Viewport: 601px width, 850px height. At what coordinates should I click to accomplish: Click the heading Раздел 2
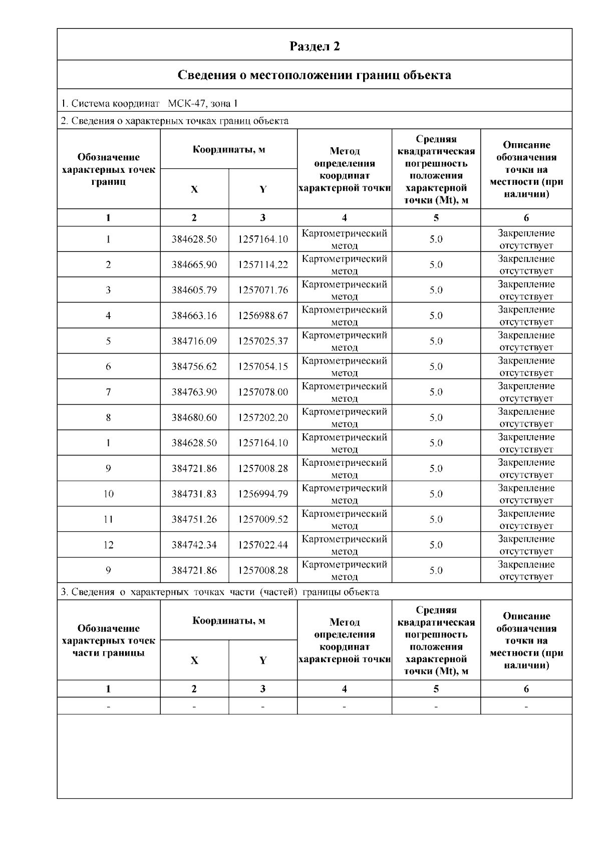point(315,46)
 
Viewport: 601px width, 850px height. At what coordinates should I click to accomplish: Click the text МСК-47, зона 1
point(202,104)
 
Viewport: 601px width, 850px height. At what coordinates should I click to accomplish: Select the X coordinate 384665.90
point(194,264)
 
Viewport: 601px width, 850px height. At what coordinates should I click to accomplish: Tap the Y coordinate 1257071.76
point(263,290)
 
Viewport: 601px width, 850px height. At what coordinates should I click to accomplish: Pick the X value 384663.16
point(194,316)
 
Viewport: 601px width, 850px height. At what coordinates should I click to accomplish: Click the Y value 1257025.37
point(263,341)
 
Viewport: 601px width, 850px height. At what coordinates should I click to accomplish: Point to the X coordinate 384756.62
point(194,367)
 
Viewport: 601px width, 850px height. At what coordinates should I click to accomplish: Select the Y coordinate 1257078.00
point(263,392)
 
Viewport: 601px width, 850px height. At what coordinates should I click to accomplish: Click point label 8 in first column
point(108,418)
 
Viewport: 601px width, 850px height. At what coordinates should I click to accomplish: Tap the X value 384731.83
point(194,494)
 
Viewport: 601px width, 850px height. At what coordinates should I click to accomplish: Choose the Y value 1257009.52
point(263,519)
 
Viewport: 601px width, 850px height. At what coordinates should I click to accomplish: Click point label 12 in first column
point(108,545)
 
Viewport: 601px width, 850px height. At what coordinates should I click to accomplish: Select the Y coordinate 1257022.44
point(263,545)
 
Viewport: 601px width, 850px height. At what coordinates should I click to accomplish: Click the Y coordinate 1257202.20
point(263,418)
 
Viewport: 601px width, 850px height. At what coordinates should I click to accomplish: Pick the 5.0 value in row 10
point(436,494)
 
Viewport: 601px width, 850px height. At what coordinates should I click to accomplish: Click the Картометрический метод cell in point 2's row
point(344,264)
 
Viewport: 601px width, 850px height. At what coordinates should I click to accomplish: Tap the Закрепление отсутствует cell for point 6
point(526,367)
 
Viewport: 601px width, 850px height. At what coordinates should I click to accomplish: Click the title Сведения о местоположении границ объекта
point(315,75)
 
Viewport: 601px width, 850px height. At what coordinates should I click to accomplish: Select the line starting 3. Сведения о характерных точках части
point(220,592)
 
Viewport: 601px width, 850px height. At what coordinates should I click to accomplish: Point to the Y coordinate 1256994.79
point(263,494)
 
